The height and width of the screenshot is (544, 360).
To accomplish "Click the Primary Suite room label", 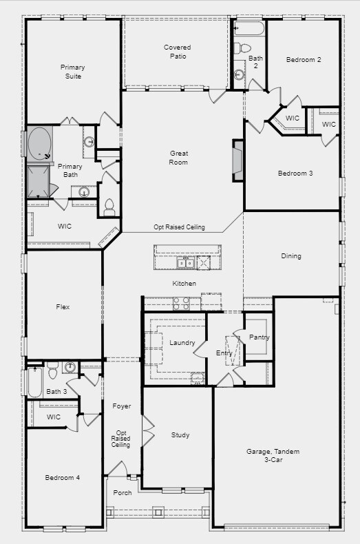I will (72, 72).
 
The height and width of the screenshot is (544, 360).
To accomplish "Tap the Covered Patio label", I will (177, 52).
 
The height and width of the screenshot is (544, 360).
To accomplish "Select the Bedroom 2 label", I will (304, 60).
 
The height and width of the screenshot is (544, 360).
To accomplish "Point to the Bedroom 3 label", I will (295, 173).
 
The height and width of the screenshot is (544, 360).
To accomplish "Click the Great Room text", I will (179, 158).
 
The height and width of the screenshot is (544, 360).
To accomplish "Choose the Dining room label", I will (291, 256).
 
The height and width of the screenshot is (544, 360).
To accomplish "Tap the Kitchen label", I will (184, 284).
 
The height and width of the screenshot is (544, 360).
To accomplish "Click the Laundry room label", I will (182, 343).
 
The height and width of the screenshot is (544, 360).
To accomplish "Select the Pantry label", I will (260, 337).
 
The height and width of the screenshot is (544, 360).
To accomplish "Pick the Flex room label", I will (62, 307).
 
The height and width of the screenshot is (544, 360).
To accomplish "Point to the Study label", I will (180, 435).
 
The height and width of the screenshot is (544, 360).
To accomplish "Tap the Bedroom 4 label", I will (62, 477).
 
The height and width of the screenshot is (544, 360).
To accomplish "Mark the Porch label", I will (123, 493).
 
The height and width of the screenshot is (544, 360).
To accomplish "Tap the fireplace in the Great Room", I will (238, 161).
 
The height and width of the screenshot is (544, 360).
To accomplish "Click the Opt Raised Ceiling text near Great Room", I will (178, 227).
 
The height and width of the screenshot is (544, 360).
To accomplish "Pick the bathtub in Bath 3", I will (35, 382).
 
